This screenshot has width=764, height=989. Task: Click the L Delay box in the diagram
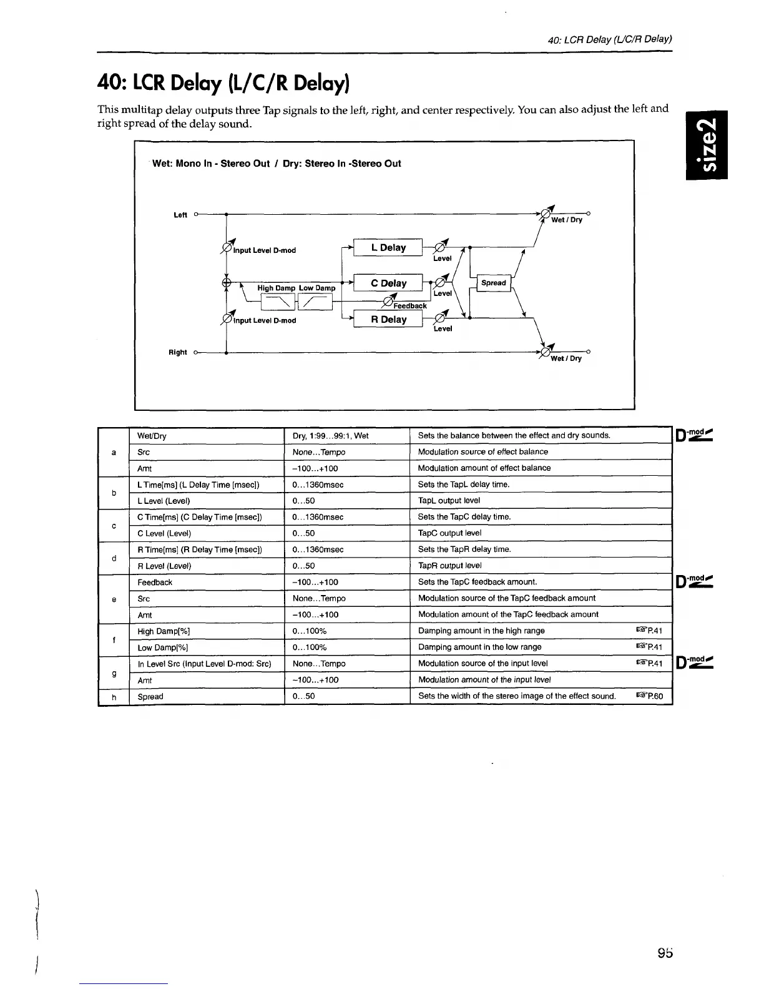tap(388, 248)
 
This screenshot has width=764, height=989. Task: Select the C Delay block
tap(388, 283)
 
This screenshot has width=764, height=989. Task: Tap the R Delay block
tap(388, 320)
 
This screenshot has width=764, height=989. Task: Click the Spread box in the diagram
tap(494, 283)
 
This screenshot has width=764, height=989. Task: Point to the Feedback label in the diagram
tap(409, 306)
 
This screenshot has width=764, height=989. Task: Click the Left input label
tap(180, 215)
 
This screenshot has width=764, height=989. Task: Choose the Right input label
tap(178, 353)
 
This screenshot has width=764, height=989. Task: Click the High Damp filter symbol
tap(277, 303)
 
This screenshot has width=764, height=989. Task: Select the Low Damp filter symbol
tap(315, 303)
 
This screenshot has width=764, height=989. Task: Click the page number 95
tap(664, 953)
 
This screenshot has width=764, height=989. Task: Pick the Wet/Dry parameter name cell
tap(152, 436)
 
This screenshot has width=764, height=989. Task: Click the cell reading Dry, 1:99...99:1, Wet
tap(330, 436)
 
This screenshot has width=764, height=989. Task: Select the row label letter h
tap(114, 697)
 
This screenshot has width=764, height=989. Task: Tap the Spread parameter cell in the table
tap(150, 697)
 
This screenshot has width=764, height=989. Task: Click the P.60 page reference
tap(649, 696)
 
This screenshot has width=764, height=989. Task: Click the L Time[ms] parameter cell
tap(198, 485)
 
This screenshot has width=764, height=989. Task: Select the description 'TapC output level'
tap(449, 533)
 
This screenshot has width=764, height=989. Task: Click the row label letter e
tap(114, 599)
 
